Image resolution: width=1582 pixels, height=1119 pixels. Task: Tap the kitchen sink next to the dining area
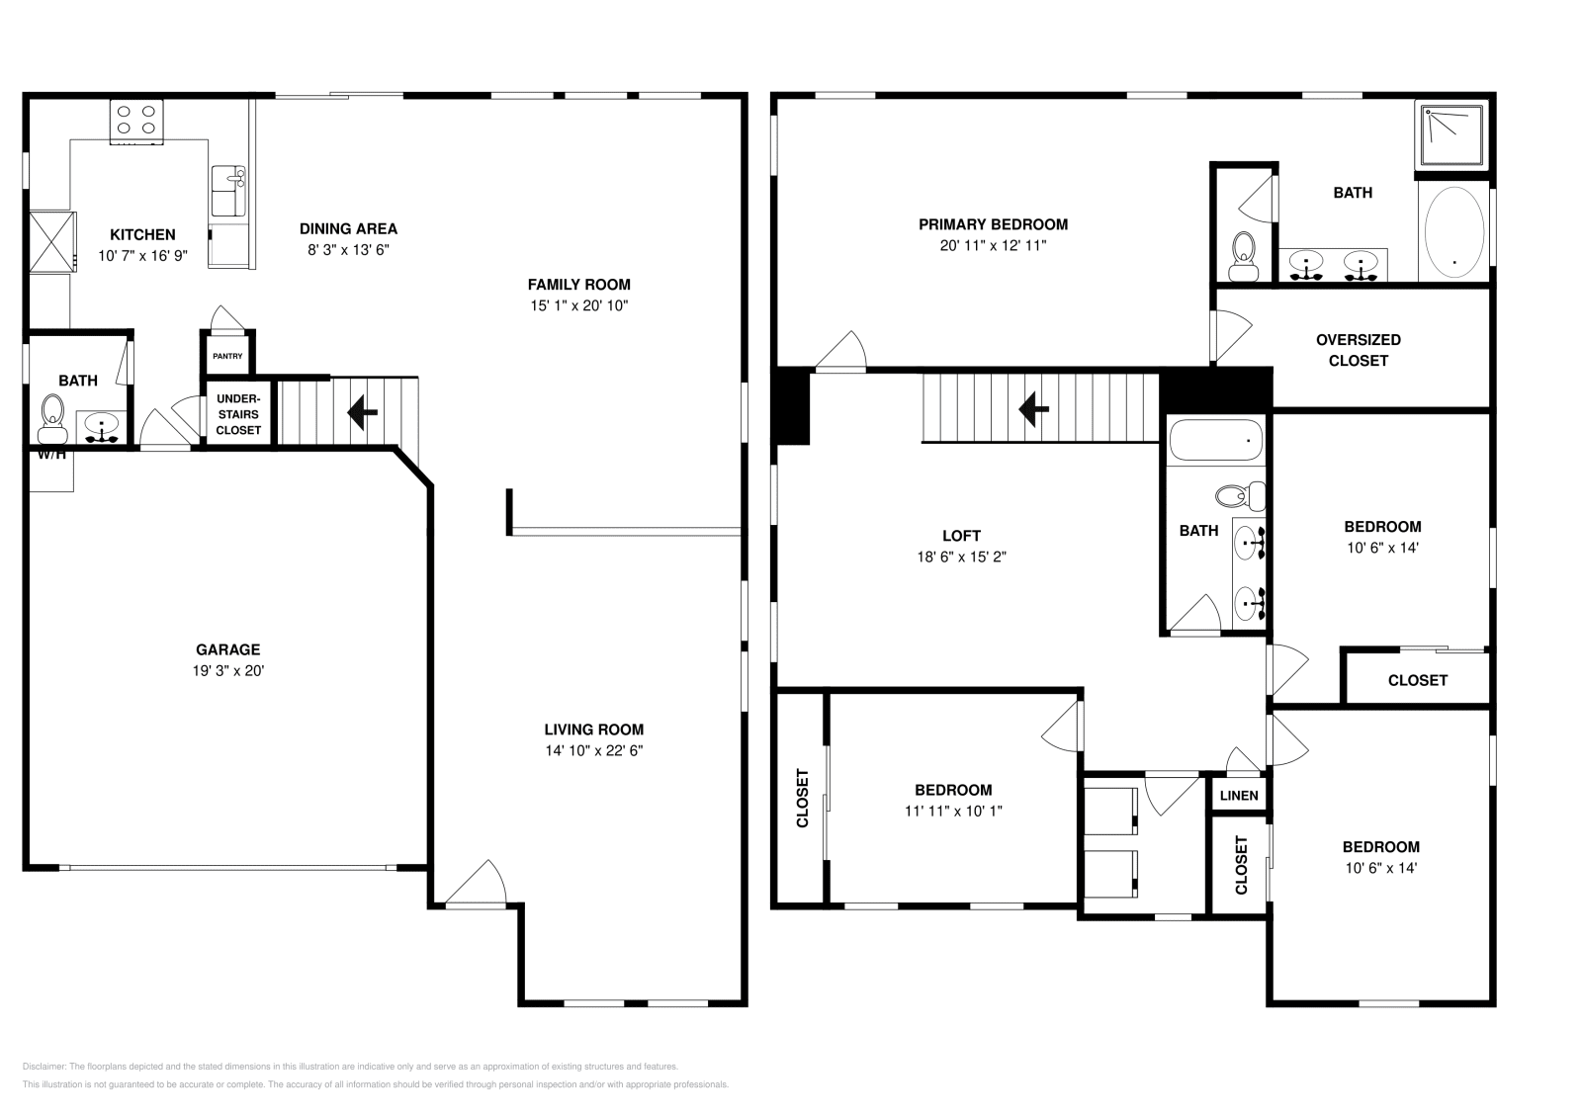pyautogui.click(x=228, y=190)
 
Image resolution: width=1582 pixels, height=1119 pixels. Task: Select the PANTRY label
pyautogui.click(x=227, y=356)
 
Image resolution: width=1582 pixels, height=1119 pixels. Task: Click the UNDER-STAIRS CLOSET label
pyautogui.click(x=238, y=414)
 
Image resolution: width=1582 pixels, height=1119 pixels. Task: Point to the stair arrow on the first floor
pyautogui.click(x=362, y=411)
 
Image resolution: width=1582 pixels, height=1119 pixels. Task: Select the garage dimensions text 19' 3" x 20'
pyautogui.click(x=227, y=670)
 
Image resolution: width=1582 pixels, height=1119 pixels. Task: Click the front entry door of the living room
pyautogui.click(x=477, y=885)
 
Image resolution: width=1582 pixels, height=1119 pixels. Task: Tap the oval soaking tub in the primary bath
pyautogui.click(x=1452, y=232)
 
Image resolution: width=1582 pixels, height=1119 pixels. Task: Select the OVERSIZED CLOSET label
pyautogui.click(x=1358, y=350)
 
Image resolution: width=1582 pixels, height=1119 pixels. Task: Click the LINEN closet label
pyautogui.click(x=1239, y=796)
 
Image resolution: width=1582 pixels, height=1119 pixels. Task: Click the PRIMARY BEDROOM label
pyautogui.click(x=993, y=224)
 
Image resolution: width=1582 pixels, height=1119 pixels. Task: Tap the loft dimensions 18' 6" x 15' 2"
pyautogui.click(x=961, y=557)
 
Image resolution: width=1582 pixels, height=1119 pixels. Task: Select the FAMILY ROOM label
pyautogui.click(x=578, y=285)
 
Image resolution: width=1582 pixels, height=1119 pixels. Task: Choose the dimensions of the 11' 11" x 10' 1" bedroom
pyautogui.click(x=953, y=811)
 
